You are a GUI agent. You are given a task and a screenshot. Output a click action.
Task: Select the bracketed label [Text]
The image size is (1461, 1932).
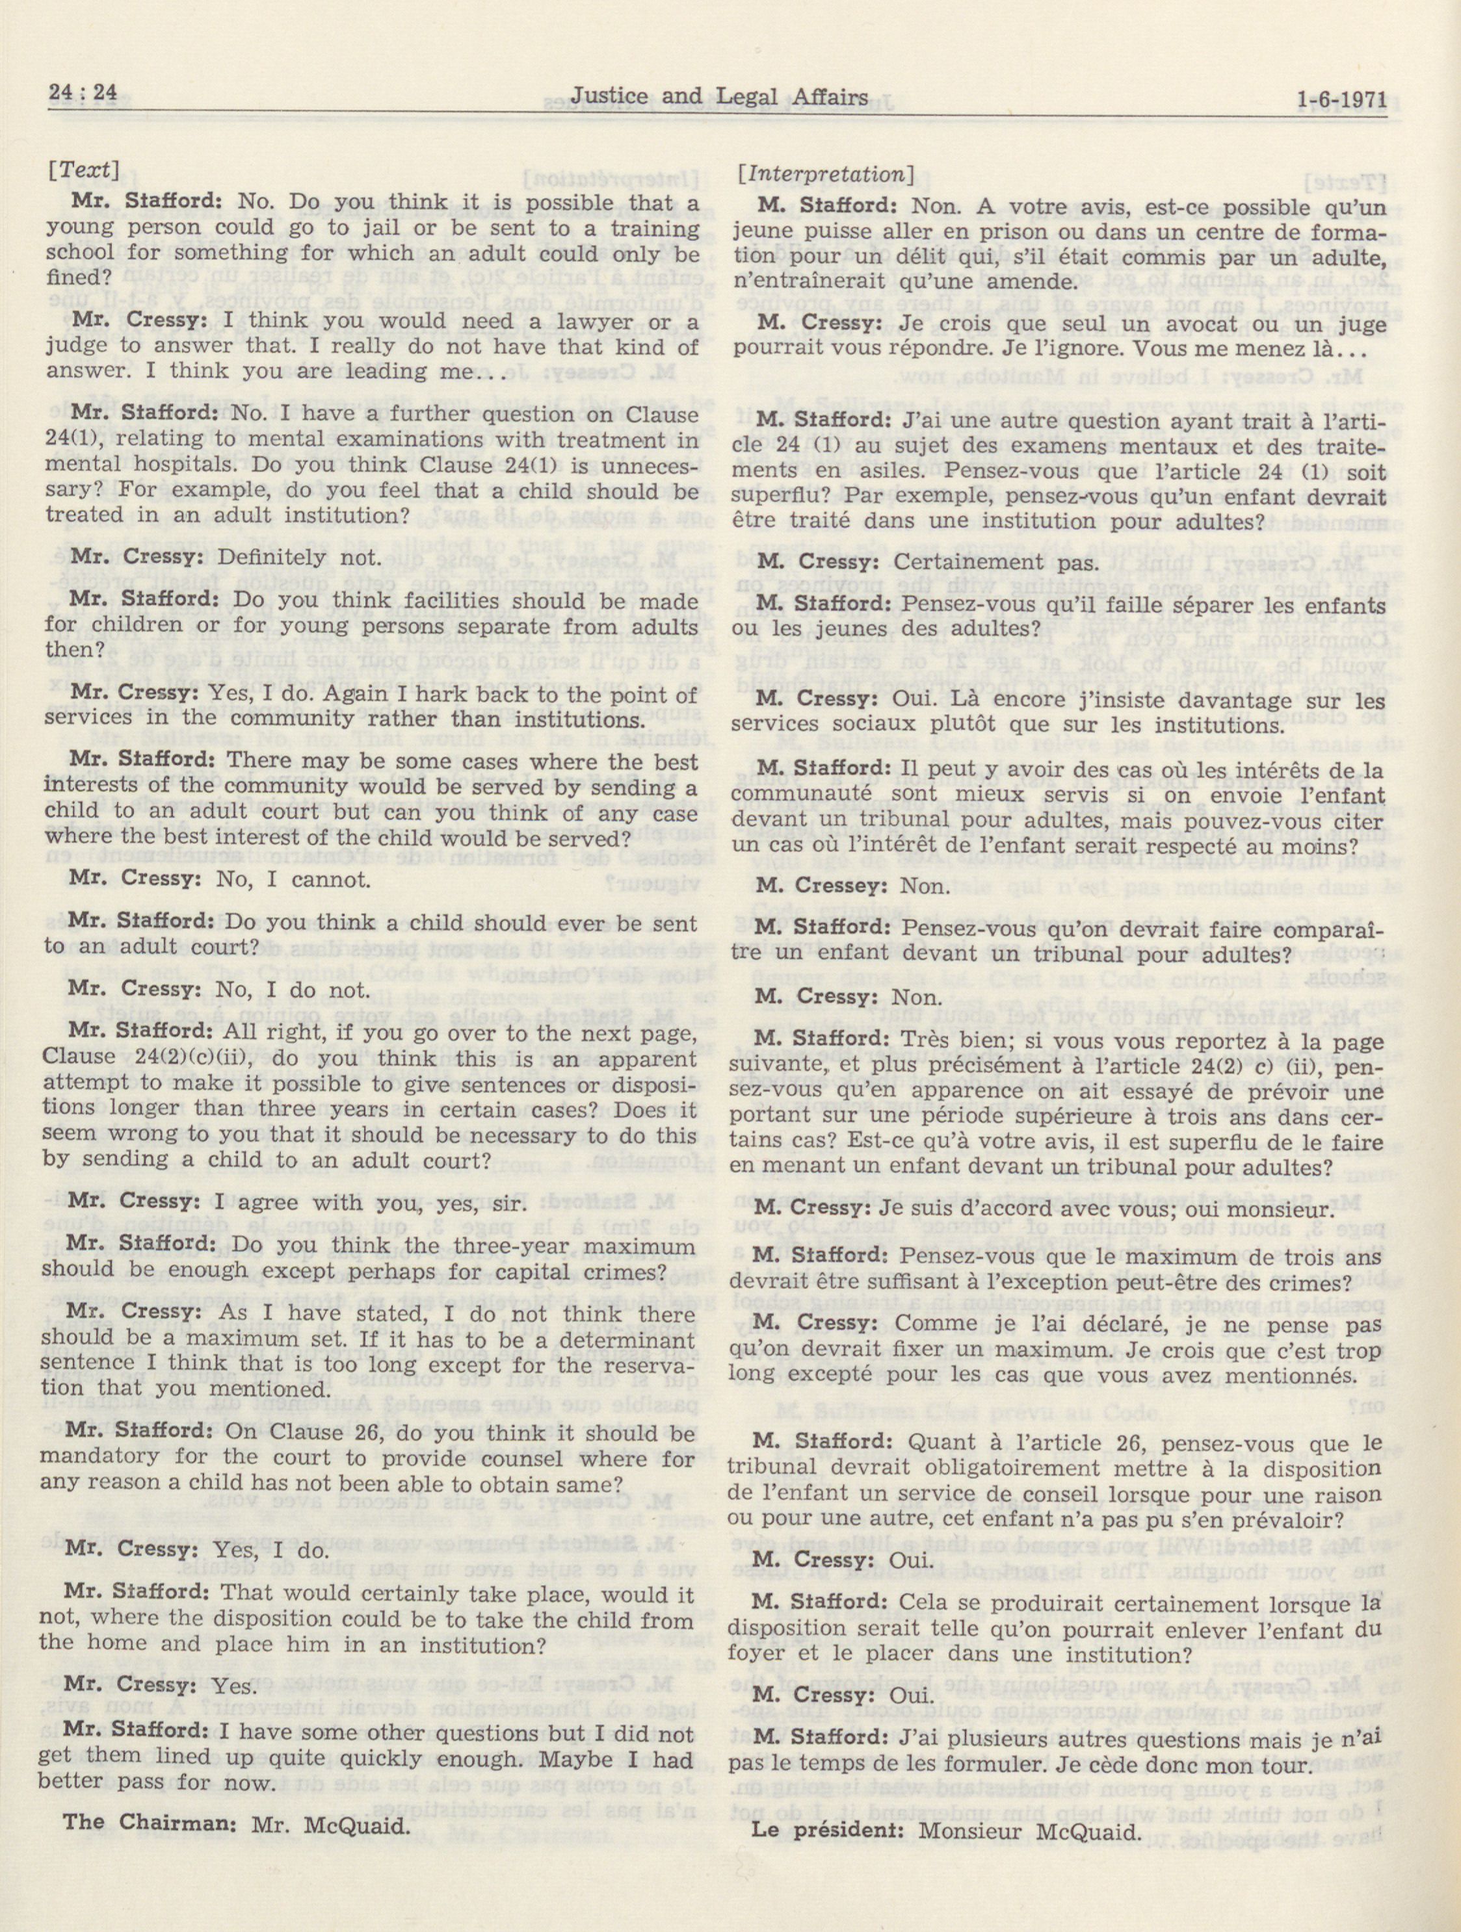tap(85, 170)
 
